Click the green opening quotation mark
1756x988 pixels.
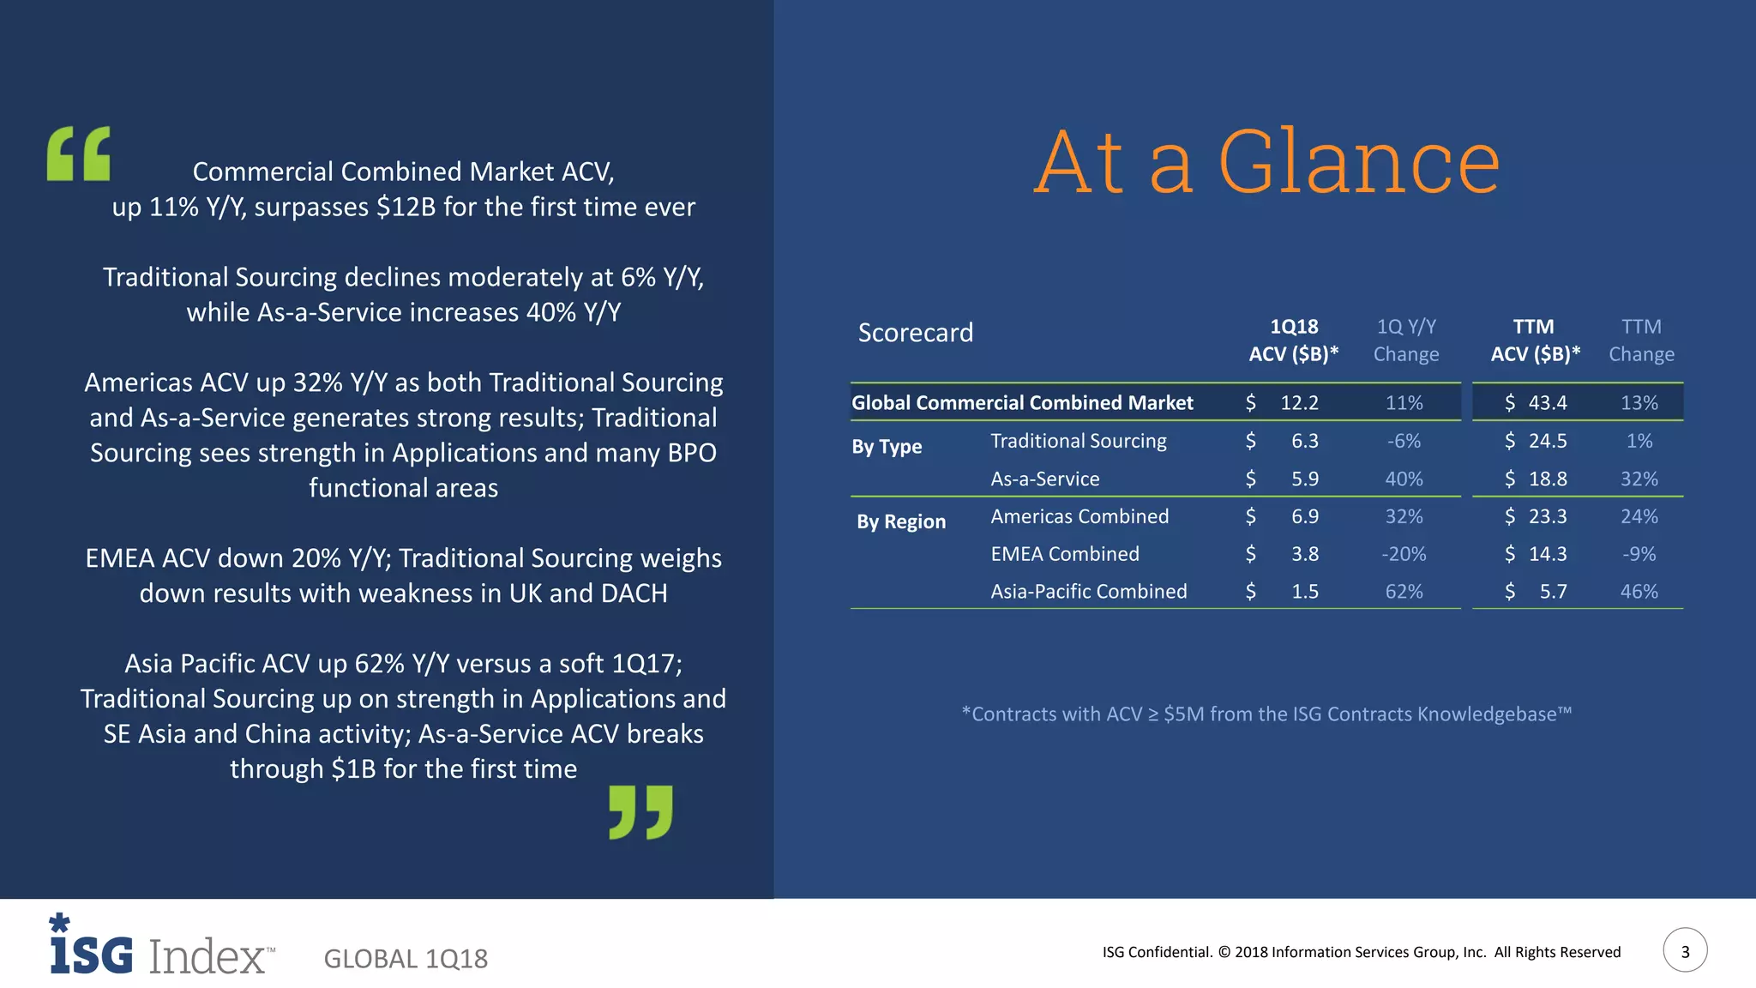(79, 154)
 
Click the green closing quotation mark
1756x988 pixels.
(640, 811)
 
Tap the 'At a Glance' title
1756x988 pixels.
(1266, 162)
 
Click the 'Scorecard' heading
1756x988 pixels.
(916, 333)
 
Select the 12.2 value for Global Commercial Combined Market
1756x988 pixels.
(1299, 402)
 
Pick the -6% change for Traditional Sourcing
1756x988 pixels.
(1404, 441)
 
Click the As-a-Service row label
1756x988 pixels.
(1044, 479)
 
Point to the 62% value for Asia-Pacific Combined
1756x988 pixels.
(1404, 592)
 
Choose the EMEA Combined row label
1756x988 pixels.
(1065, 554)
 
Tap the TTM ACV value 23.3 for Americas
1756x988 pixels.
(1547, 516)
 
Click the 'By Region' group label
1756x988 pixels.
(900, 521)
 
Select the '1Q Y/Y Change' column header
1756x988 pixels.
(1406, 340)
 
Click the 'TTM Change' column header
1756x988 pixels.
(1641, 340)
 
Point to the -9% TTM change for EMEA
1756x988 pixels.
(1639, 554)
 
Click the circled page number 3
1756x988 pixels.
(1685, 950)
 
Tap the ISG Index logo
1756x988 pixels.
(162, 948)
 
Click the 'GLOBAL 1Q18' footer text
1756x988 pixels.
(406, 959)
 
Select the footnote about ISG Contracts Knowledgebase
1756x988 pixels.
(1266, 714)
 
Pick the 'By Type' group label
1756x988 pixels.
(887, 447)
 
